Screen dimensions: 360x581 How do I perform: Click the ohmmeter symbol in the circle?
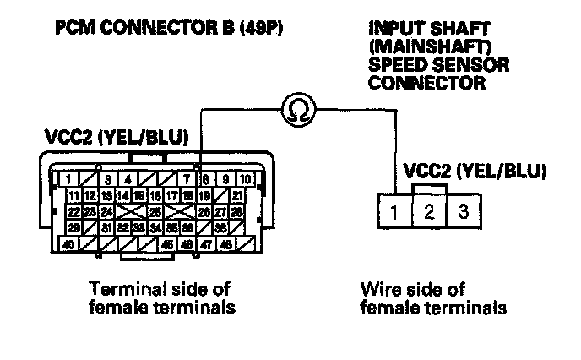click(297, 108)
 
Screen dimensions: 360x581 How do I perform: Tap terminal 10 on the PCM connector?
click(244, 179)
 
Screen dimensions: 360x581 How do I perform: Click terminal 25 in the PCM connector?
click(155, 212)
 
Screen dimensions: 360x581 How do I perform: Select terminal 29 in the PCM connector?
click(74, 228)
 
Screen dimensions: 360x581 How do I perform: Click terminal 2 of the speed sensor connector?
click(430, 211)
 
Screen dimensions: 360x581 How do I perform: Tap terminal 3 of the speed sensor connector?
click(463, 211)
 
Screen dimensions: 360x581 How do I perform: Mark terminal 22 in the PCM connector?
click(74, 212)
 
